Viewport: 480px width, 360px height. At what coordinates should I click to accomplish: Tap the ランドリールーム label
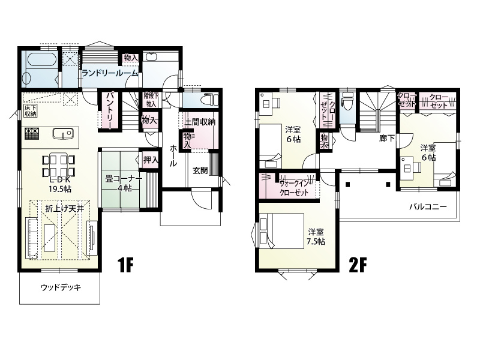(110, 73)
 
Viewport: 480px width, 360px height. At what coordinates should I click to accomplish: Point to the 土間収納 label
(200, 122)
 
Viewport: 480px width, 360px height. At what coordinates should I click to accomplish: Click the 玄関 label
(200, 170)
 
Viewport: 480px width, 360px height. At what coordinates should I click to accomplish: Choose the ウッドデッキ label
(61, 287)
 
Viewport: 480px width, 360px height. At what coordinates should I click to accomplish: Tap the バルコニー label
(428, 207)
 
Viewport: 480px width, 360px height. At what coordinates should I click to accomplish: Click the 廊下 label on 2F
(387, 139)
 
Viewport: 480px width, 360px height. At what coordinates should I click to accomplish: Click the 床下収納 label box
(31, 111)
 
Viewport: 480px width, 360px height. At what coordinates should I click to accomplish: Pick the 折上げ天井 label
(60, 209)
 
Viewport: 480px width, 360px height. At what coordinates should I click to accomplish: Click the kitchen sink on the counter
(63, 133)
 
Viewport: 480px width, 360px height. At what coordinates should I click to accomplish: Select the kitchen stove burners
(32, 133)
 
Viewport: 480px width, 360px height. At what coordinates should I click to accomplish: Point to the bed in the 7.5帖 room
(281, 231)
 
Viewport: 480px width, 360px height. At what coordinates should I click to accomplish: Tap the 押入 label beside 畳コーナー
(151, 160)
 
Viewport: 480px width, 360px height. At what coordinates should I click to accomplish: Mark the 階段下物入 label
(151, 100)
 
